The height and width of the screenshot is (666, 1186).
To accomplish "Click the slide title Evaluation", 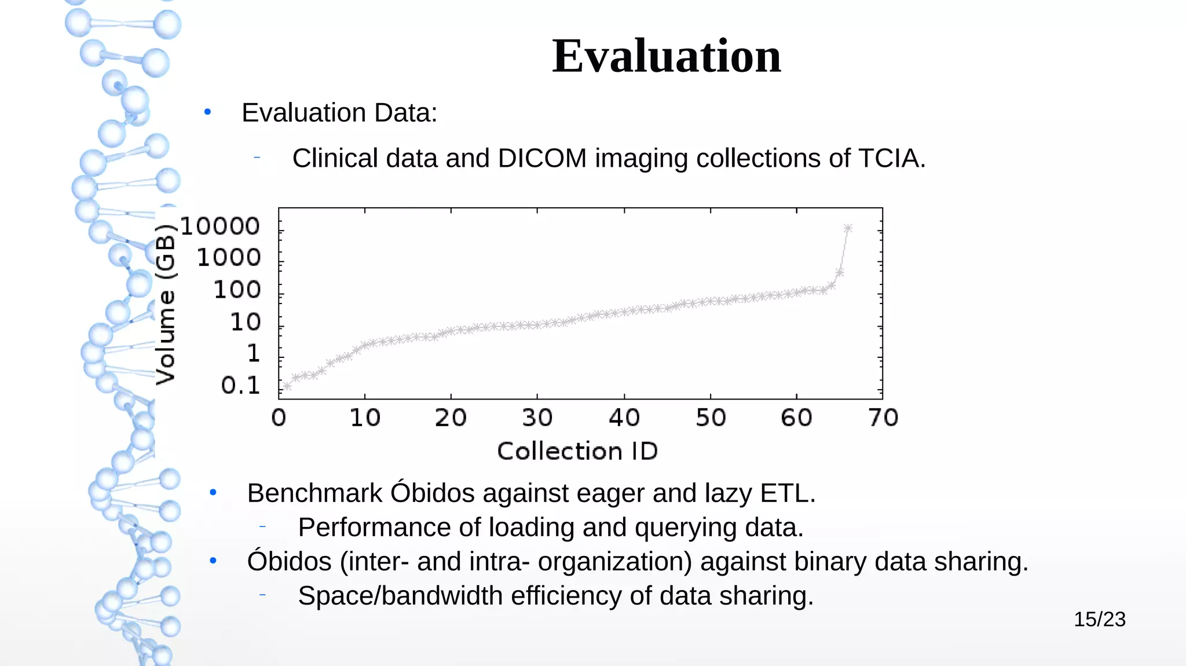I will [666, 56].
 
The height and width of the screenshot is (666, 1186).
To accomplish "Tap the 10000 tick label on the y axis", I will [220, 226].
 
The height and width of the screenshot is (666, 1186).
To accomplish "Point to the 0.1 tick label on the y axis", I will [240, 386].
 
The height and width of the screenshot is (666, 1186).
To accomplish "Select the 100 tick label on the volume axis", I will [237, 290].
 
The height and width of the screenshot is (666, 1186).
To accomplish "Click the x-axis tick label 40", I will [624, 418].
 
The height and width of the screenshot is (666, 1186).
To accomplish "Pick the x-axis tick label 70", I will [883, 418].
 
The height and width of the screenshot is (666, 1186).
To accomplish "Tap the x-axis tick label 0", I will [279, 418].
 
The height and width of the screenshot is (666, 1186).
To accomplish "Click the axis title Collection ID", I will [577, 451].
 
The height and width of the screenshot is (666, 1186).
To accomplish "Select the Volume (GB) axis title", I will [166, 305].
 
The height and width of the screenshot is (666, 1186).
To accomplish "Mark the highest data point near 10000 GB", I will [848, 228].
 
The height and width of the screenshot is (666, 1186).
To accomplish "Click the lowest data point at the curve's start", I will [287, 386].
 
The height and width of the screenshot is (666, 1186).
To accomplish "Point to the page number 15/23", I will [1099, 620].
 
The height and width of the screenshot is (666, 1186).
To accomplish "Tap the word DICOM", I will [542, 158].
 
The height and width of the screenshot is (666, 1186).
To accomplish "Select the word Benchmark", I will [314, 493].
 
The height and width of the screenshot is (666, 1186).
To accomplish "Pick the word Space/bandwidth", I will [400, 596].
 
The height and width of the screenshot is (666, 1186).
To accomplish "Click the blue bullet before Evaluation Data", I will [207, 112].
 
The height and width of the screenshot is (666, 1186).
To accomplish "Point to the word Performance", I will [374, 528].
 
